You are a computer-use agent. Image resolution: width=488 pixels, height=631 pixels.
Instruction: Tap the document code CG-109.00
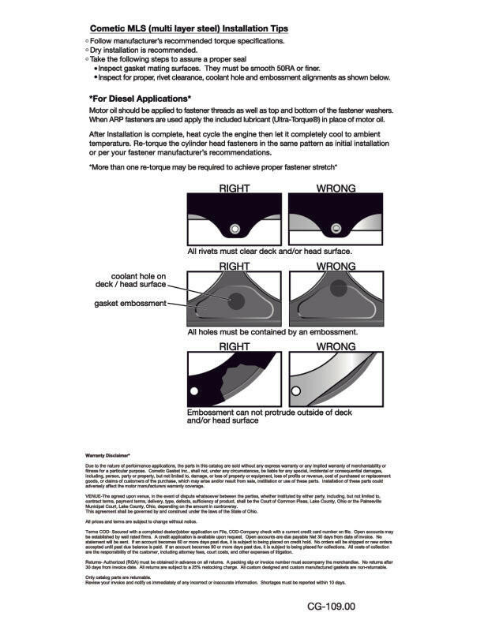click(x=332, y=607)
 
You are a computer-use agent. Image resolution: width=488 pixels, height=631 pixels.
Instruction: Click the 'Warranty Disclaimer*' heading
click(x=107, y=456)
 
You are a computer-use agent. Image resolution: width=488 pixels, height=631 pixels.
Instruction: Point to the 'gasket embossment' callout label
click(x=130, y=304)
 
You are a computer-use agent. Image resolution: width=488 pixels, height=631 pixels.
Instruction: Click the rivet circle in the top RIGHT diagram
click(x=234, y=229)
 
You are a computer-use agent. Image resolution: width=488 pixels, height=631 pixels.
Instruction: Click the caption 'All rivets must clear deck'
click(x=269, y=251)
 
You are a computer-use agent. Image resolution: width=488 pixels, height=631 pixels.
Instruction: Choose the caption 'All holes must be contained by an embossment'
click(x=272, y=332)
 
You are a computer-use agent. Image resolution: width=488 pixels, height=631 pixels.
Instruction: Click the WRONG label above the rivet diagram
click(x=336, y=189)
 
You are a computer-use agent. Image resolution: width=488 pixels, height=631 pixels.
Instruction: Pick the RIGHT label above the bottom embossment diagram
click(x=234, y=346)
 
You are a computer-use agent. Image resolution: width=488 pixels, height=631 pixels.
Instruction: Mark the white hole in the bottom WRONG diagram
click(x=296, y=390)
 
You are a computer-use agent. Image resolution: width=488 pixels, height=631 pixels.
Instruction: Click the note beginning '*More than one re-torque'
click(x=213, y=167)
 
